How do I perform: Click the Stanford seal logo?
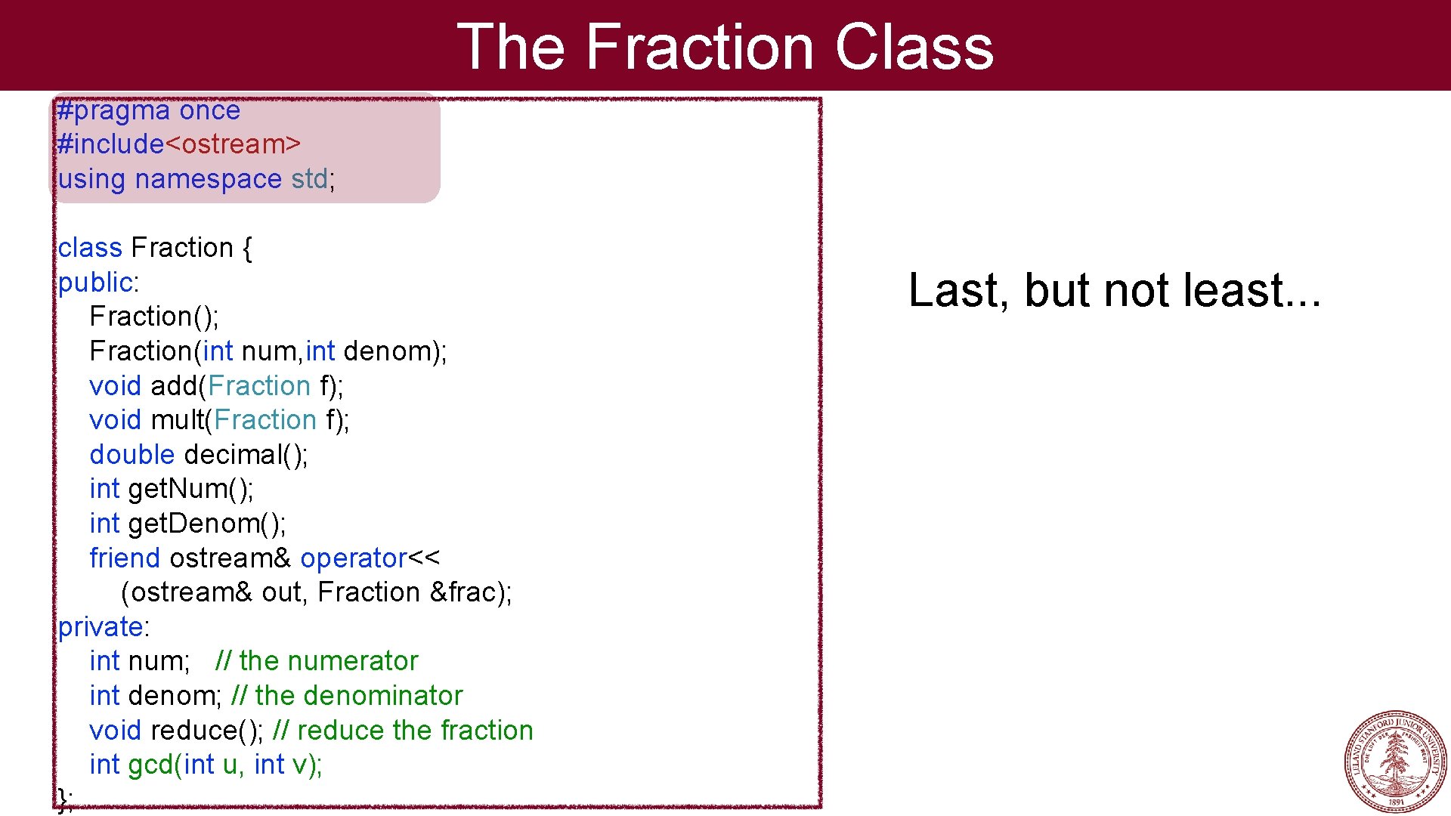coord(1396,761)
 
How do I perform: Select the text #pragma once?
coord(149,111)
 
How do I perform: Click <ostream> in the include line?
coord(233,144)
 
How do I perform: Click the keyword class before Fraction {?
coord(89,248)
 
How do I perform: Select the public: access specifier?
coord(98,283)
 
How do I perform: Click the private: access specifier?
coord(104,627)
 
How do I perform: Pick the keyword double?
coord(131,455)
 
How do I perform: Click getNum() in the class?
coord(190,490)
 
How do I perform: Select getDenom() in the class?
coord(206,524)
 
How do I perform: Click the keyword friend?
coord(125,558)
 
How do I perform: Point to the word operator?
coord(353,558)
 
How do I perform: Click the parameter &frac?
coord(463,592)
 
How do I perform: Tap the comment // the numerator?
coord(316,661)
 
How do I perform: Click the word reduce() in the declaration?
coord(206,731)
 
